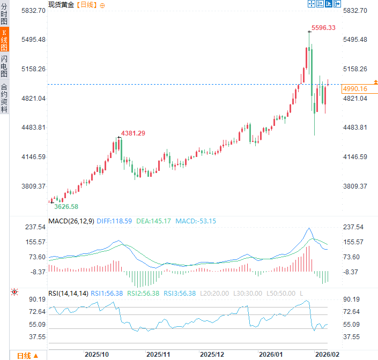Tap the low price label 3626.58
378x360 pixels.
[x=66, y=206]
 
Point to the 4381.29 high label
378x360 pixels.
[x=133, y=133]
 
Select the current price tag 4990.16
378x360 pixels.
[x=355, y=89]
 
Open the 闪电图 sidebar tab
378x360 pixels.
[x=4, y=67]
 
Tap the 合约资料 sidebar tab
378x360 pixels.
[x=4, y=97]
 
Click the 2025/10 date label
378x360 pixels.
[x=97, y=355]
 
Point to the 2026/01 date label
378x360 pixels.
[x=271, y=355]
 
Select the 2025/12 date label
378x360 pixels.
[x=213, y=355]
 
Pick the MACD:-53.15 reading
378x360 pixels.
[x=197, y=221]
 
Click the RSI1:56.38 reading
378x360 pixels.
[x=107, y=293]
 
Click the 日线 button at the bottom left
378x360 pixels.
[x=26, y=355]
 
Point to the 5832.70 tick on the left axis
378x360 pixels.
[x=33, y=11]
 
